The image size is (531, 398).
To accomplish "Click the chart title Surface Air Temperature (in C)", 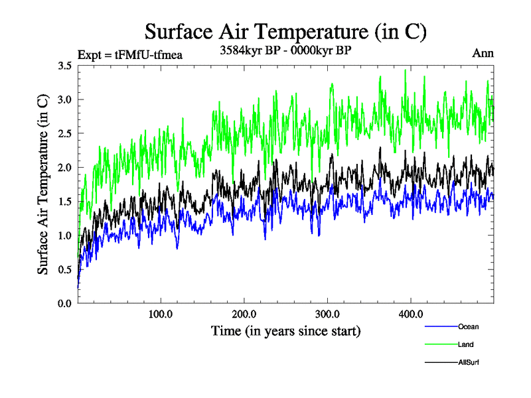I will [x=285, y=31].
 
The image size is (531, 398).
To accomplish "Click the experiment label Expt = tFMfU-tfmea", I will [x=130, y=54].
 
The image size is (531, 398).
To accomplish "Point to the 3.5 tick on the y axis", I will [x=64, y=66].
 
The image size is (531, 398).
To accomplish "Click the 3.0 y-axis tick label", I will [x=64, y=99].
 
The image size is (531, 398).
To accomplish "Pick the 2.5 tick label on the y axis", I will [x=64, y=133].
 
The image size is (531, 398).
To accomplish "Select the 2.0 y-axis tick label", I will [x=64, y=167].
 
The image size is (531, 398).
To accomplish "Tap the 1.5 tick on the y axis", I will [x=64, y=202].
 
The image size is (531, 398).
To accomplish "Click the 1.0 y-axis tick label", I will [x=64, y=235].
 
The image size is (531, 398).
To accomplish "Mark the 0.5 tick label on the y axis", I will [x=64, y=269].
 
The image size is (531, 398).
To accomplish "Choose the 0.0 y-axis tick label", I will [x=64, y=303].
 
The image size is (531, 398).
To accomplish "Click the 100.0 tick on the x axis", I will [x=161, y=314].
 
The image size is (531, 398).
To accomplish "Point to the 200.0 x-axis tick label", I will [x=245, y=314].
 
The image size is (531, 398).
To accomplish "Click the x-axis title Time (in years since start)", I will [x=286, y=330].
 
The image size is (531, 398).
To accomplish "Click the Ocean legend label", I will [x=468, y=326].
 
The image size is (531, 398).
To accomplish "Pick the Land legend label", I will [x=465, y=344].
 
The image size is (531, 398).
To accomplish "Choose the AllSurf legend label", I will [x=469, y=362].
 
